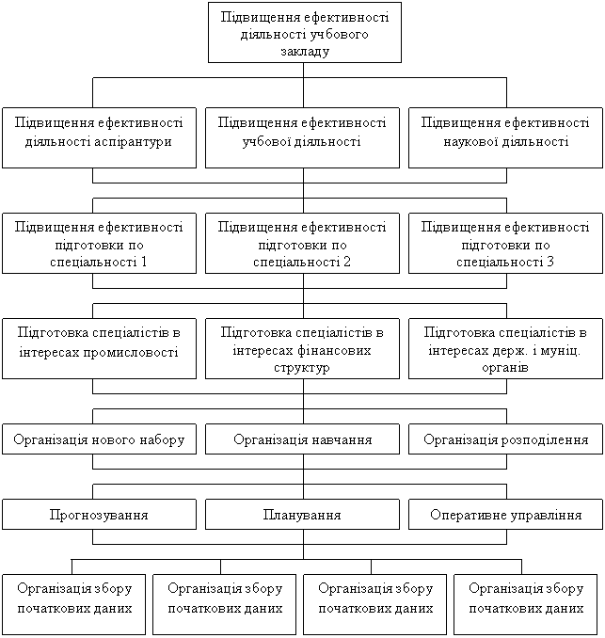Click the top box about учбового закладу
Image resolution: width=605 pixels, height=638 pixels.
tap(305, 33)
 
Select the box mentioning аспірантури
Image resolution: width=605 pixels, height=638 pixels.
tap(100, 138)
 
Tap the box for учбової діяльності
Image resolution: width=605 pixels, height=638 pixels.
tap(302, 138)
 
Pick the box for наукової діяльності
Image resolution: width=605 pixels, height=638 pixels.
tap(505, 138)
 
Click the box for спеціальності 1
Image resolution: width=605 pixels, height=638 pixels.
tap(100, 244)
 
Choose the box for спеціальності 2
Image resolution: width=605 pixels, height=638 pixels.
tap(302, 244)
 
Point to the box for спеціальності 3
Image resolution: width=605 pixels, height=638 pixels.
tap(505, 244)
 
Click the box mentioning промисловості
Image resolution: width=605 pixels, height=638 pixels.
tap(100, 349)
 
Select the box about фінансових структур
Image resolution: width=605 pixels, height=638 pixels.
tap(302, 349)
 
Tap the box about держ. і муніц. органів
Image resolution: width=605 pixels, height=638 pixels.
tap(505, 349)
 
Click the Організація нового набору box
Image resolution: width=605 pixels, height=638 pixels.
tap(100, 439)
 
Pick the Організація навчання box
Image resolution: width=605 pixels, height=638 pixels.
tap(302, 439)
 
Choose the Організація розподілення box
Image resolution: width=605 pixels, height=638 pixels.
tap(505, 439)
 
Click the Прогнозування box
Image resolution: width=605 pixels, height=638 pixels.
tap(100, 515)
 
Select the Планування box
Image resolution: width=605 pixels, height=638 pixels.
tap(302, 515)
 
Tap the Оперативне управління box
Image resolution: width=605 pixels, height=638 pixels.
tap(505, 515)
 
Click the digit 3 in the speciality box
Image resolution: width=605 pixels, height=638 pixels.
tap(550, 262)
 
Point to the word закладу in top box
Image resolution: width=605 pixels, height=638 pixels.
tap(305, 52)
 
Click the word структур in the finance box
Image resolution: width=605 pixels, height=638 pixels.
tap(301, 368)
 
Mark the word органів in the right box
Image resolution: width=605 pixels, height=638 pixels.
tap(505, 368)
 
